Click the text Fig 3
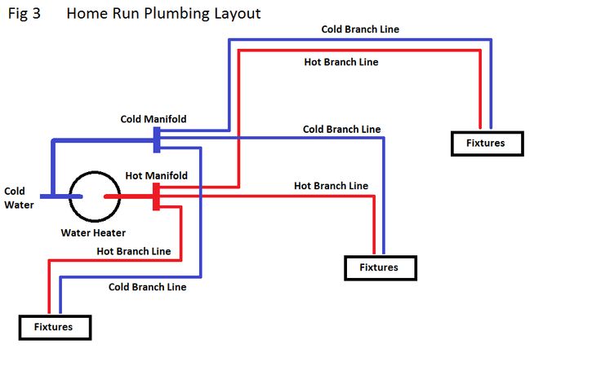[24, 14]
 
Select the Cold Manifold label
[154, 119]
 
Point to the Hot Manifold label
[157, 175]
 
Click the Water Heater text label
[93, 232]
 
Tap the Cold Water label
[19, 198]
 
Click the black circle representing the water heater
[94, 196]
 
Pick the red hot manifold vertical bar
[155, 196]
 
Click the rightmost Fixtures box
[487, 143]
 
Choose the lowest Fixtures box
[54, 327]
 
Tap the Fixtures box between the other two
[380, 267]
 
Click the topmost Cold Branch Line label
[360, 29]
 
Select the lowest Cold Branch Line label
[148, 287]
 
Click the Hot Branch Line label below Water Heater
[134, 251]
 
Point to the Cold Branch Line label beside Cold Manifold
[341, 129]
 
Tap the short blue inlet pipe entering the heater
[62, 196]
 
